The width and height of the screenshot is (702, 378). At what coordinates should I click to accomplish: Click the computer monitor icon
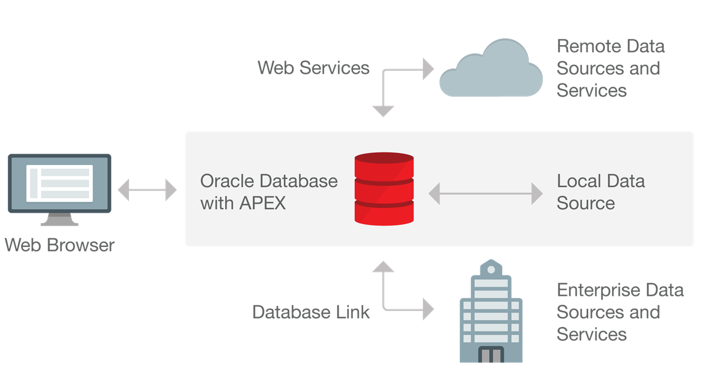click(59, 184)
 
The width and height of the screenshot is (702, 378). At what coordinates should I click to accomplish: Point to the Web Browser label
click(59, 245)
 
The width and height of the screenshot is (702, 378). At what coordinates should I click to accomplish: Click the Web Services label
click(313, 68)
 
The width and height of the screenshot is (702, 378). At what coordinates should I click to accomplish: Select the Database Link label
click(311, 312)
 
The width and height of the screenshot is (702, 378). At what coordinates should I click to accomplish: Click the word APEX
click(262, 203)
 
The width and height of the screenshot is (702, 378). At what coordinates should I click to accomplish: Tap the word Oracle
click(226, 181)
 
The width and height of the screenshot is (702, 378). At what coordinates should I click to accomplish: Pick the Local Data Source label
click(600, 192)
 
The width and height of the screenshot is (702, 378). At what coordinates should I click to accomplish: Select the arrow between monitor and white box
click(147, 190)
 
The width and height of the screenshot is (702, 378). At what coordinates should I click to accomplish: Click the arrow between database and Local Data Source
click(485, 194)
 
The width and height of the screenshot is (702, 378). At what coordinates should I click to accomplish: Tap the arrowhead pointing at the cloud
click(428, 69)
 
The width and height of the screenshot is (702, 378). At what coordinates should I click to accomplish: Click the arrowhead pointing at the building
click(428, 309)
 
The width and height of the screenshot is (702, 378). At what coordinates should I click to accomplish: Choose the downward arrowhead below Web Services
click(383, 111)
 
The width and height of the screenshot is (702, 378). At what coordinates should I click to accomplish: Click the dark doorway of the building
click(491, 355)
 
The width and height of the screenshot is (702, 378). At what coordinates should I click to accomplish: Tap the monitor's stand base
click(59, 222)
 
